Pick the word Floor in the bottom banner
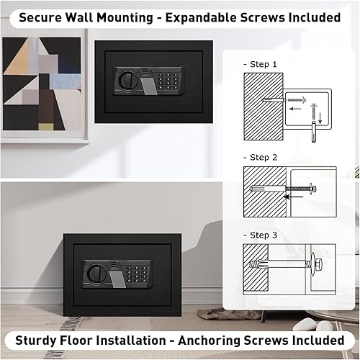coord(86,339)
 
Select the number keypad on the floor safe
coord(131,274)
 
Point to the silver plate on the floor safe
coord(115,275)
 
